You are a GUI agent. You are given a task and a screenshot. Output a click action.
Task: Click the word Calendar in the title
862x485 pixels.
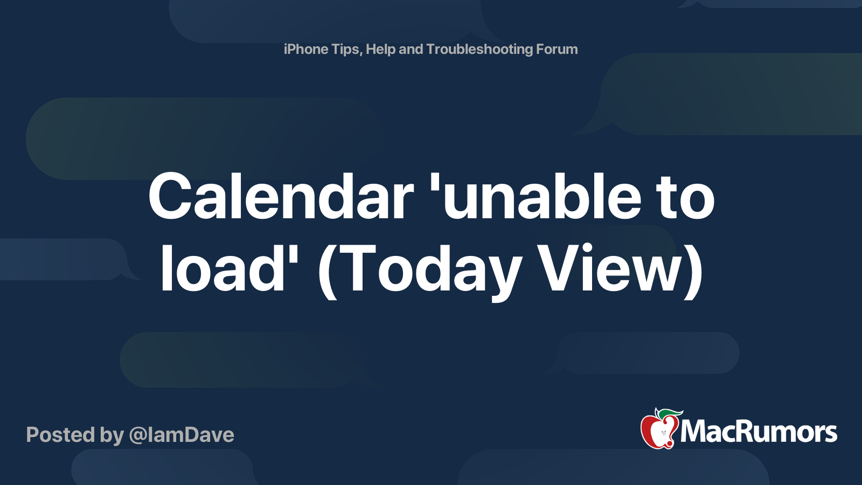[281, 196]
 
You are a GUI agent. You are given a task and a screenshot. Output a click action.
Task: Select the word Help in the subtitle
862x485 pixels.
[380, 50]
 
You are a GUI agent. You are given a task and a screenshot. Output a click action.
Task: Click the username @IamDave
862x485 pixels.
[182, 435]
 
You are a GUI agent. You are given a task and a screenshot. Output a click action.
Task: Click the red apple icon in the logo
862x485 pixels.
[657, 432]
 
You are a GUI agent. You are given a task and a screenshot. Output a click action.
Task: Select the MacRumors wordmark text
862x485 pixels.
[759, 432]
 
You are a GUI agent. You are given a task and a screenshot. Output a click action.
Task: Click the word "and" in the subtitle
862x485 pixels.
[411, 49]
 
